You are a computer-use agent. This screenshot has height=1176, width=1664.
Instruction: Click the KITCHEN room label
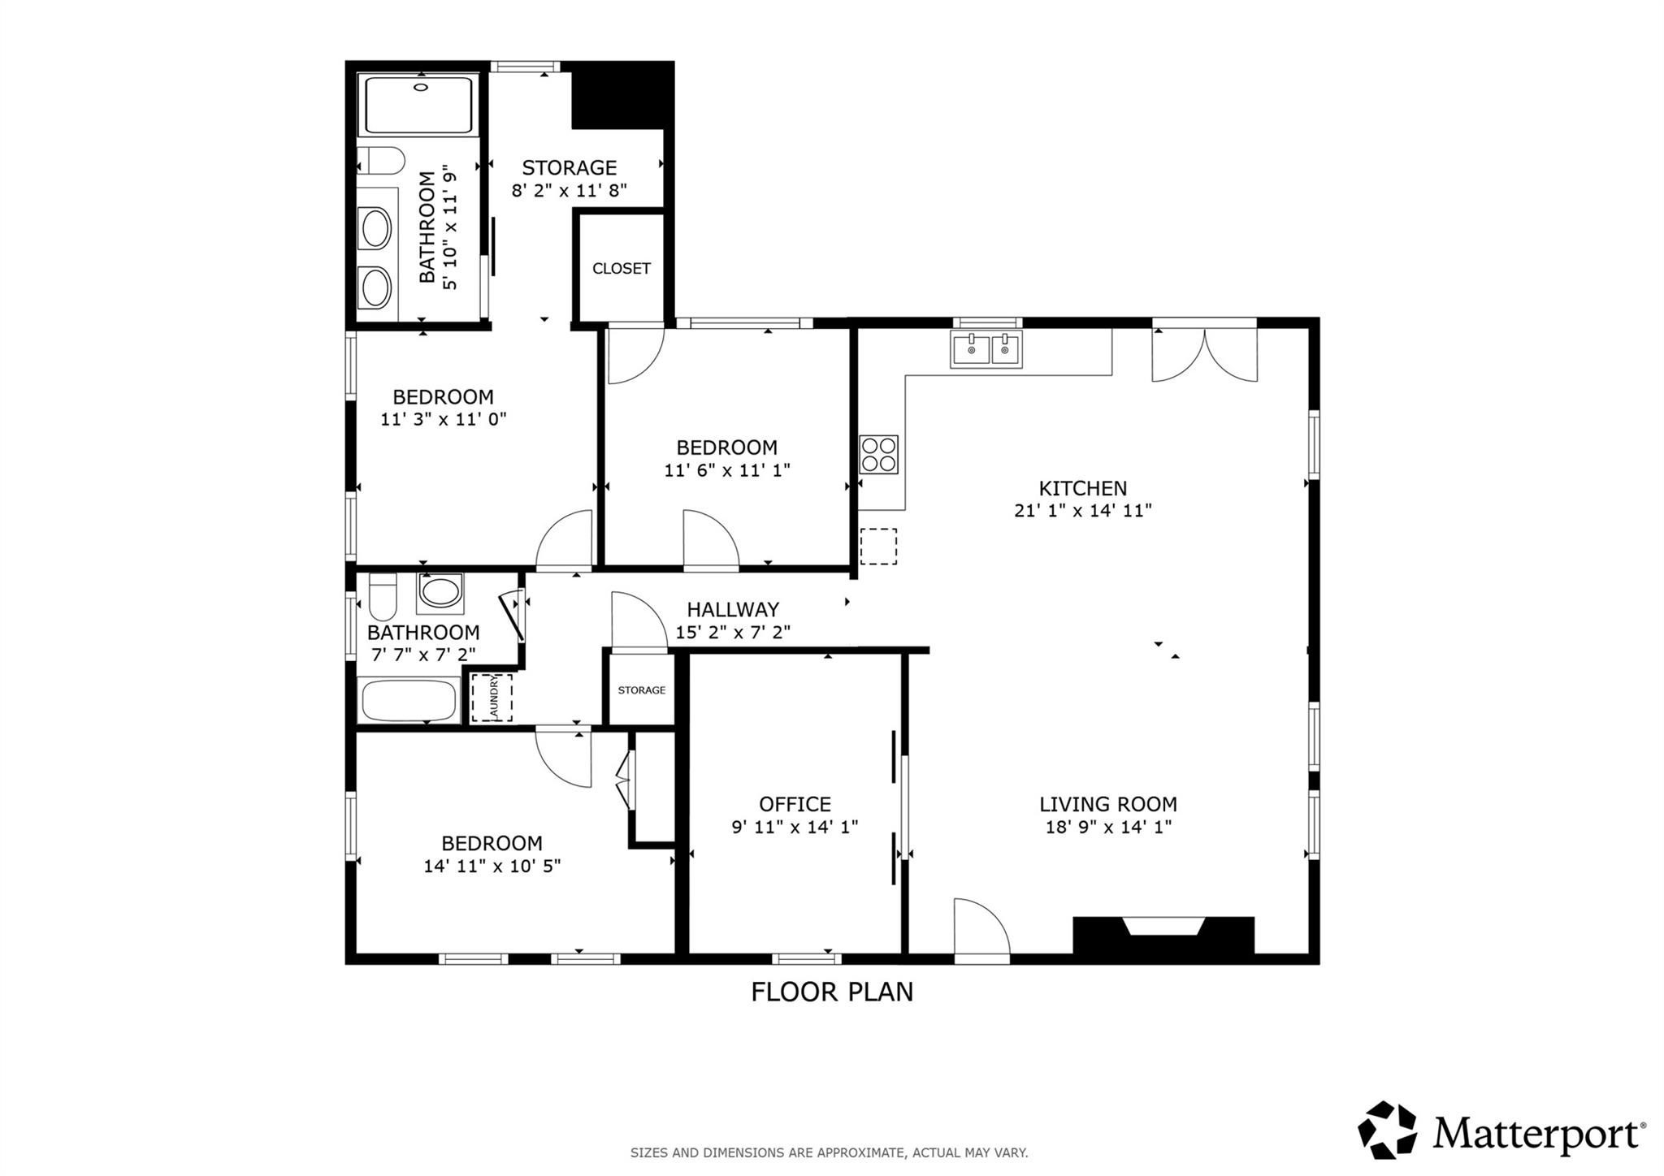[x=1082, y=488]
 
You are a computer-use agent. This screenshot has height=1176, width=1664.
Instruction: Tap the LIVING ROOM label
[x=1107, y=804]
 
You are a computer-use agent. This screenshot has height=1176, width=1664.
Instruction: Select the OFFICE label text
[x=795, y=804]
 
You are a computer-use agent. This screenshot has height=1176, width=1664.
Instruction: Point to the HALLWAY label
[x=732, y=609]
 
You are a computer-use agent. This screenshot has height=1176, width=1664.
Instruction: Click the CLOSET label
[x=621, y=268]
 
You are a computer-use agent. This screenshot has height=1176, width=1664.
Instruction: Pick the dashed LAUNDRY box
[x=492, y=698]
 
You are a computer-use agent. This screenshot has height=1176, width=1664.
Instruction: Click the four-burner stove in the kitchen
[x=879, y=454]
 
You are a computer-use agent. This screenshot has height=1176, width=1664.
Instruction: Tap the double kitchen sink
[x=986, y=349]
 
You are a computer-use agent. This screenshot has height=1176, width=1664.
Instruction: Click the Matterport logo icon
[x=1387, y=1130]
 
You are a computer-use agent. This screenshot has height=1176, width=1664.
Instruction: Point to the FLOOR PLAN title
[x=831, y=992]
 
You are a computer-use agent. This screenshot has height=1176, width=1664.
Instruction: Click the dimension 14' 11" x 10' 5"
[x=492, y=866]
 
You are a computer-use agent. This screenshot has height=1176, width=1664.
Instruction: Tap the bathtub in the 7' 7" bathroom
[x=409, y=701]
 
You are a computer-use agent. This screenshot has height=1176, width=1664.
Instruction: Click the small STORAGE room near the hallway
[x=641, y=690]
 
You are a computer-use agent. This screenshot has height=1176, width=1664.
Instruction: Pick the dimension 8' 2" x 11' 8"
[x=569, y=190]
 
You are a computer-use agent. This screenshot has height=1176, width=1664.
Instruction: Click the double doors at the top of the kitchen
[x=1204, y=354]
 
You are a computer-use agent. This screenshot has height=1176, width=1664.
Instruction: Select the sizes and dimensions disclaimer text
[x=829, y=1152]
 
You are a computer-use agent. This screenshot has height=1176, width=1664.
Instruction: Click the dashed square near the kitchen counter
[x=878, y=546]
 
